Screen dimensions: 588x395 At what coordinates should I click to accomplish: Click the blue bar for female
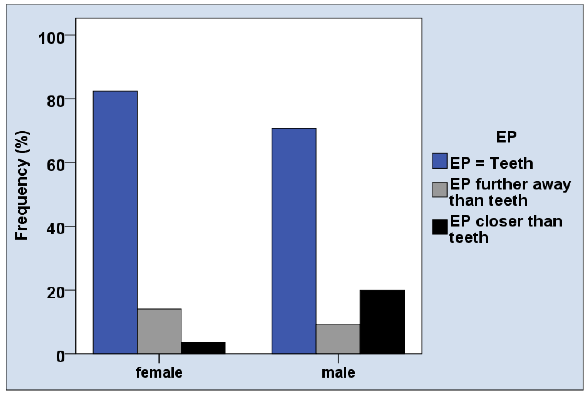coord(115,222)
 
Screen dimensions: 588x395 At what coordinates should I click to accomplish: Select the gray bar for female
coord(159,331)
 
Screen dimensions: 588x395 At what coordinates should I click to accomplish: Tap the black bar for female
coord(203,348)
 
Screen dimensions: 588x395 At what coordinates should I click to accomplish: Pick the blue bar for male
coord(294,241)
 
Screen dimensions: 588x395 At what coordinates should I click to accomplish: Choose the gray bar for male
coord(338,339)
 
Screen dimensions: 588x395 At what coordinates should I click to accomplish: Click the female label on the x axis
coord(159,372)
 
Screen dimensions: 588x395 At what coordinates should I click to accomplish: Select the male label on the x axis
coord(338,373)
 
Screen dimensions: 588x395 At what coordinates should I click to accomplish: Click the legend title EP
coord(506,137)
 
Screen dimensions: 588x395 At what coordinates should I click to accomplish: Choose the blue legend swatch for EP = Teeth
coord(440,161)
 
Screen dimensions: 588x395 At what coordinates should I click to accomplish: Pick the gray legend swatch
coord(440,189)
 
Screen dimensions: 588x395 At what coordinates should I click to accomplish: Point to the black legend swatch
coord(440,227)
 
